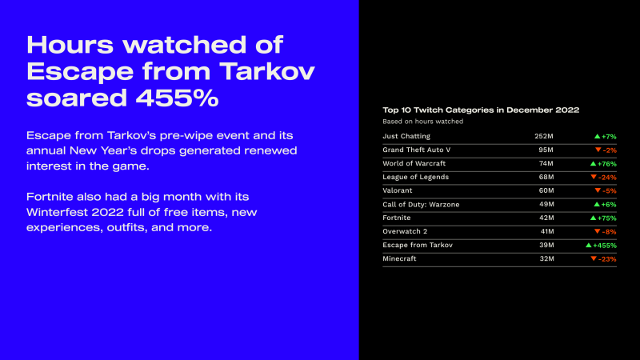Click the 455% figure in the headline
click(x=177, y=98)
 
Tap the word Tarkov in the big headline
click(x=267, y=71)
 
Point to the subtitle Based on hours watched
click(x=423, y=122)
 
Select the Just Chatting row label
click(x=406, y=136)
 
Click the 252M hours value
click(x=544, y=136)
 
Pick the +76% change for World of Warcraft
click(x=607, y=164)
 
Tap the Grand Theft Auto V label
click(x=416, y=150)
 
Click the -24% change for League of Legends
click(x=607, y=177)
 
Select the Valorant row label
click(x=397, y=190)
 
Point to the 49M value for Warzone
click(x=546, y=204)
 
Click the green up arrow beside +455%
click(x=589, y=246)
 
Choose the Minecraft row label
click(x=399, y=258)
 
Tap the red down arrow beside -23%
click(x=594, y=258)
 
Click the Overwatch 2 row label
click(x=405, y=231)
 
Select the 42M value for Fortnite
click(x=546, y=218)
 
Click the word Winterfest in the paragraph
click(x=57, y=212)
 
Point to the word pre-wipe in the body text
click(x=186, y=135)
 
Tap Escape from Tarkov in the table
click(x=418, y=245)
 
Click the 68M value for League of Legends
click(x=546, y=177)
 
